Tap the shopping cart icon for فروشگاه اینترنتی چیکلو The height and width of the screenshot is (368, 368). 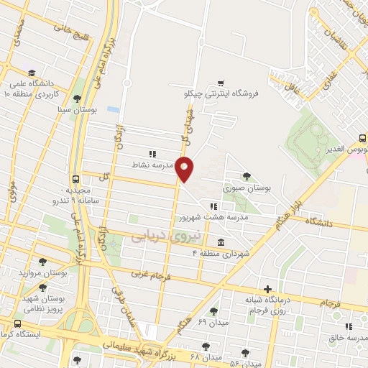pos(219,83)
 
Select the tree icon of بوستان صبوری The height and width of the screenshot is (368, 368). pos(247,175)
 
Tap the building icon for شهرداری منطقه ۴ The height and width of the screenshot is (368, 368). pos(219,242)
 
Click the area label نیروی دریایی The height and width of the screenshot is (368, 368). pos(157,236)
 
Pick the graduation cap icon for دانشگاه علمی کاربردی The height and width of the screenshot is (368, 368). pos(32,73)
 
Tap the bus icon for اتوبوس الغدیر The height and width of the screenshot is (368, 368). pos(362,139)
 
